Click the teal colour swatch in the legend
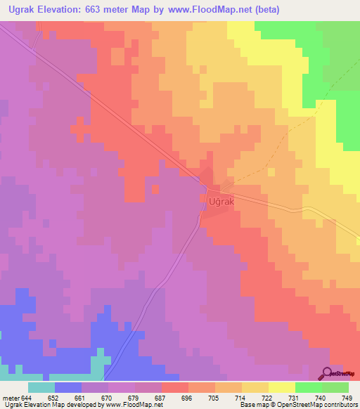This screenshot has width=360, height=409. click(41, 388)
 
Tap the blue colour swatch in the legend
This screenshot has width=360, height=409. click(67, 388)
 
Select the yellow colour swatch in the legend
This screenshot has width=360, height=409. click(281, 388)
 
